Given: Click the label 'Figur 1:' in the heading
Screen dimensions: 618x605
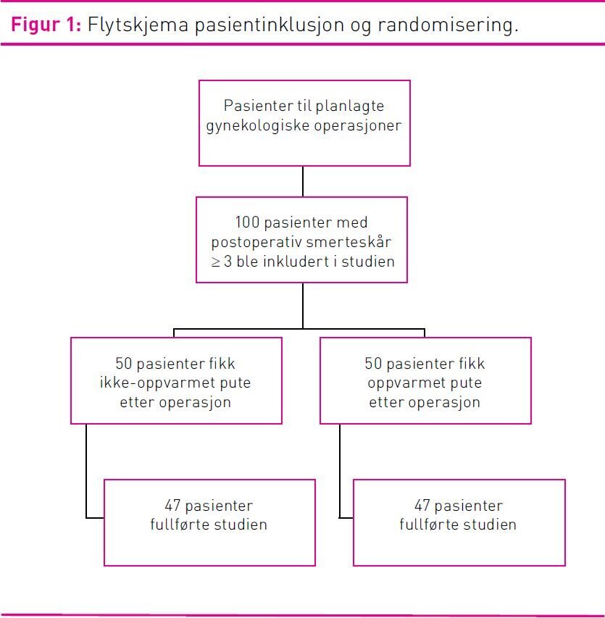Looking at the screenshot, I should pos(45,25).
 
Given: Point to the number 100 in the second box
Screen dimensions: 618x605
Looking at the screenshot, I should pos(248,222).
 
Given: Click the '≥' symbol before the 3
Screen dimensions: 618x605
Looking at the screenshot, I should pos(216,261).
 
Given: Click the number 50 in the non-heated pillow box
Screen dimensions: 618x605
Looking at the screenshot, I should pos(124,363).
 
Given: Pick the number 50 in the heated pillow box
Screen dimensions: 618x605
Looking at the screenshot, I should pos(374,363).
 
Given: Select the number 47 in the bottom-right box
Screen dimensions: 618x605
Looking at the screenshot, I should pos(423,506).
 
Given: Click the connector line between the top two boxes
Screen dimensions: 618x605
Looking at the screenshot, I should pos(303,181).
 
